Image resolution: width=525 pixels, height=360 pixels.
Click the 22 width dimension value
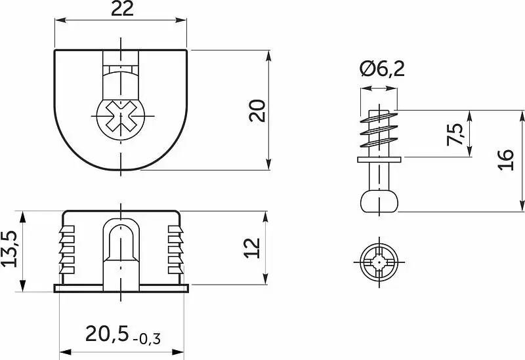(x=122, y=9)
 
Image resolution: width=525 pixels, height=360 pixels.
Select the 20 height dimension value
(x=257, y=111)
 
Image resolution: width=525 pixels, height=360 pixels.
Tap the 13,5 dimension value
(x=9, y=249)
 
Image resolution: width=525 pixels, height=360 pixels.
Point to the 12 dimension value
(x=252, y=248)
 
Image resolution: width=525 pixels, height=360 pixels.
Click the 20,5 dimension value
(x=107, y=334)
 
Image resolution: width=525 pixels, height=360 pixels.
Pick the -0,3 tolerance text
(x=146, y=339)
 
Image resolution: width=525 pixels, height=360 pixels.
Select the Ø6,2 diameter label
(x=382, y=69)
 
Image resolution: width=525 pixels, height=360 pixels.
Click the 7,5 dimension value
(x=455, y=134)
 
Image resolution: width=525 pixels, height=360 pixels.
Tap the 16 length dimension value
(x=505, y=160)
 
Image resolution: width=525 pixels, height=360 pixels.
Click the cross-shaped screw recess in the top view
(x=121, y=116)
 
